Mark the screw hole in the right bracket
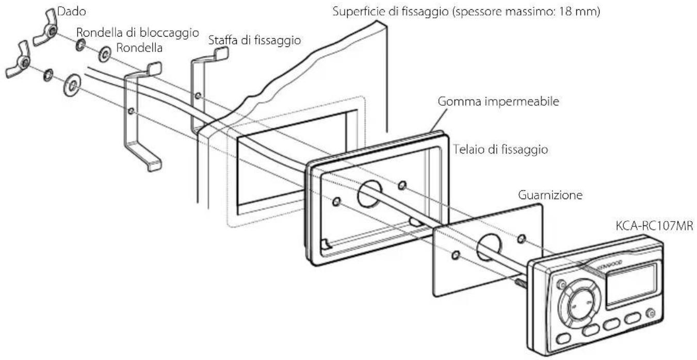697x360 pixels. click(x=198, y=95)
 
